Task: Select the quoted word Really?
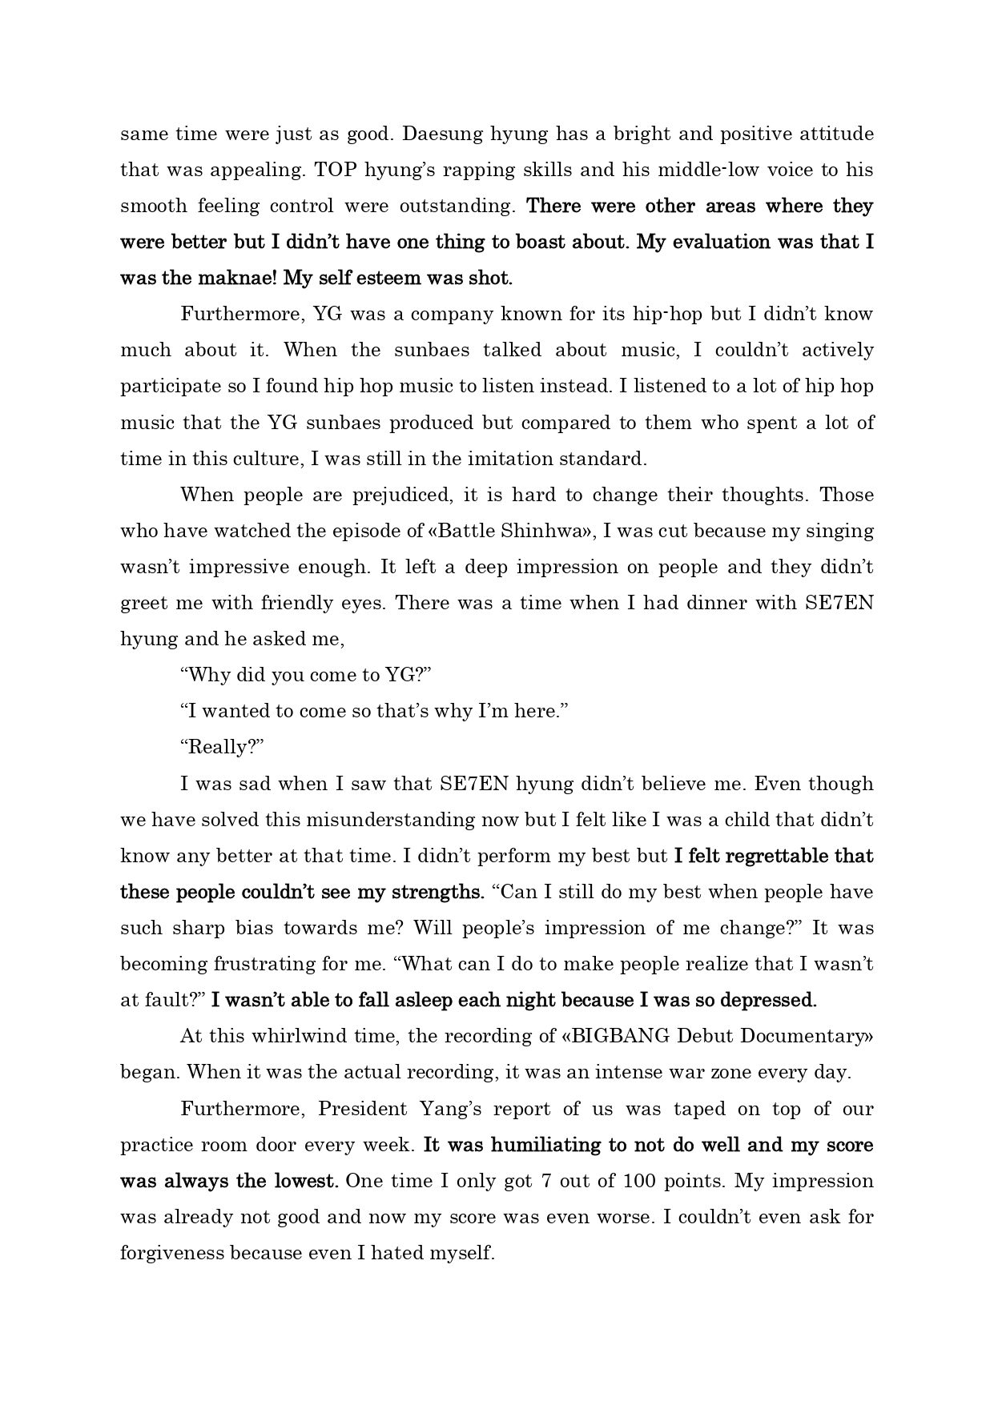[222, 747]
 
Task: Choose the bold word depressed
[768, 1000]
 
